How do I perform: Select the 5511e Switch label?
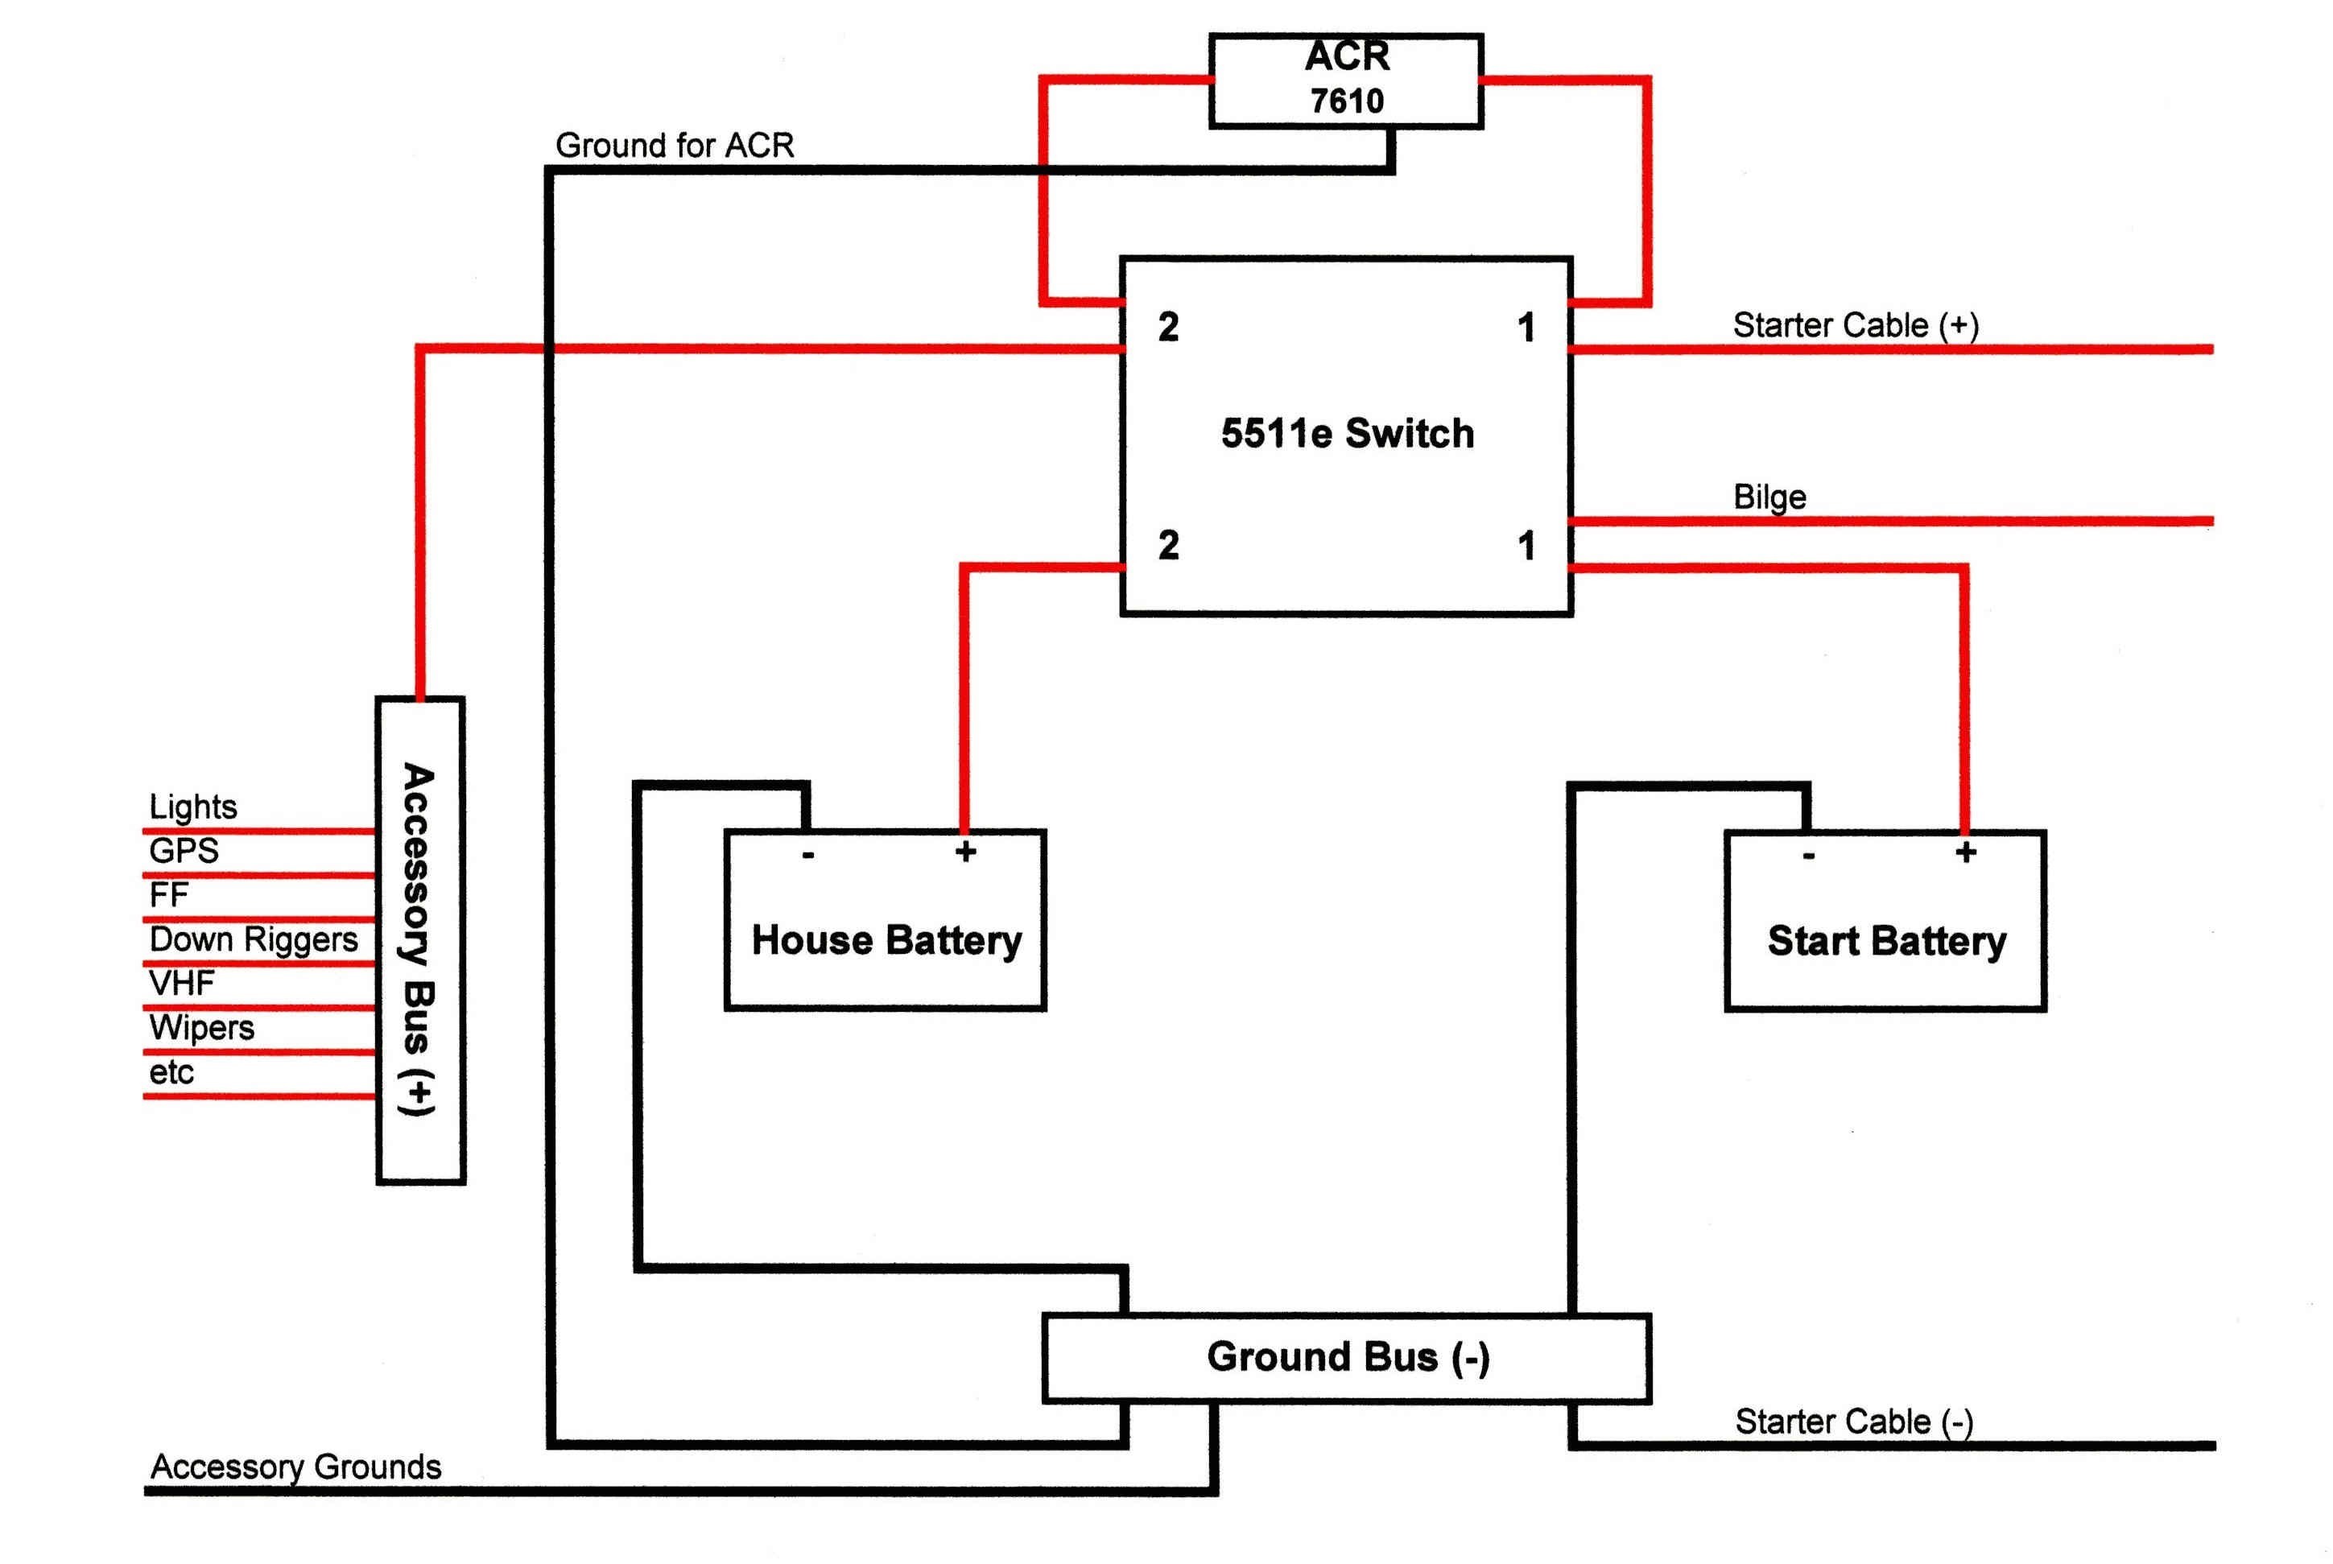[x=1348, y=434]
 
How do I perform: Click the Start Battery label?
[x=1886, y=942]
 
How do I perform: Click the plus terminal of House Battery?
[x=964, y=852]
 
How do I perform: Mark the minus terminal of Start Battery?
[x=1808, y=856]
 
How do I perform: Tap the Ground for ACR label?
[x=675, y=146]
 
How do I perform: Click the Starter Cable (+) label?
[x=1856, y=325]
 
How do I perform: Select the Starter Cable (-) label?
[x=1854, y=1422]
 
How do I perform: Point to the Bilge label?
[x=1769, y=497]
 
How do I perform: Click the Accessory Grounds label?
[x=295, y=1467]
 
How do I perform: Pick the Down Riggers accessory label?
[x=254, y=939]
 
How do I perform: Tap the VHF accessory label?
[x=181, y=984]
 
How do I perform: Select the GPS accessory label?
[x=184, y=851]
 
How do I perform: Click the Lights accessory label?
[x=192, y=807]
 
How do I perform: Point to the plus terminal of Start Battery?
[x=1965, y=852]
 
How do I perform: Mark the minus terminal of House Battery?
[x=808, y=855]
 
